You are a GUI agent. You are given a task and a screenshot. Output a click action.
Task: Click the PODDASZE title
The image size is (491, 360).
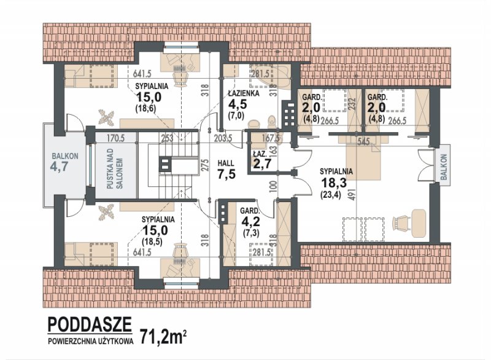tap(90, 324)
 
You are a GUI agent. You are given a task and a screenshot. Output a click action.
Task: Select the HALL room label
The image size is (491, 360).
tap(226, 163)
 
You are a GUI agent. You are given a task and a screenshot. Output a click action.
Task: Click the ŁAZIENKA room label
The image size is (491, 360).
tap(243, 93)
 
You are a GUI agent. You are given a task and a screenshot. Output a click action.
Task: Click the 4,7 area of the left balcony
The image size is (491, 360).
tap(59, 166)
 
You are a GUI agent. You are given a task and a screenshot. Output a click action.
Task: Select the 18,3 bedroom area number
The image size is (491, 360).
tap(334, 182)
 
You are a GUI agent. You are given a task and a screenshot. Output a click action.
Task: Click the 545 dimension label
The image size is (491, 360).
tap(363, 142)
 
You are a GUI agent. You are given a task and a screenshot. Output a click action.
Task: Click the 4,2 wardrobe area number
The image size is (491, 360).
tap(250, 221)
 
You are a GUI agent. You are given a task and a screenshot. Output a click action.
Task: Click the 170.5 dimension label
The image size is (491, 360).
tap(116, 138)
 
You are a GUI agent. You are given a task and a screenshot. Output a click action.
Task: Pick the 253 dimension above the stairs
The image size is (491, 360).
tap(167, 138)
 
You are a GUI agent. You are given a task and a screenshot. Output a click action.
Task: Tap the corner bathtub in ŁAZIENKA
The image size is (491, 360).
tap(271, 76)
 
